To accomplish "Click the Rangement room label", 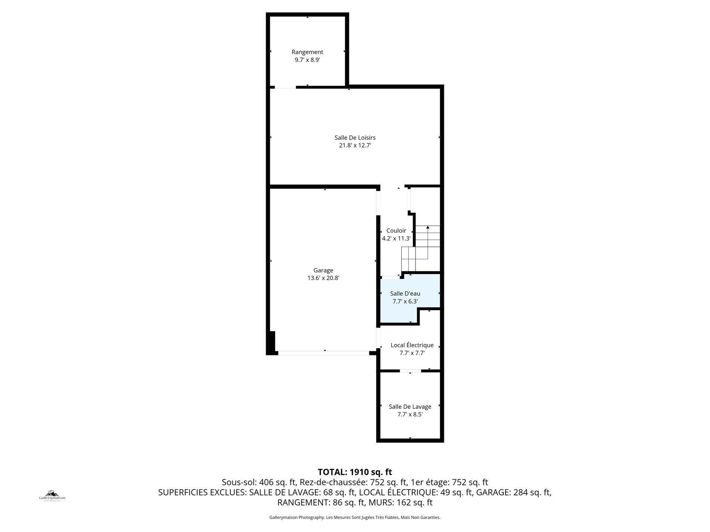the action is coord(307,52).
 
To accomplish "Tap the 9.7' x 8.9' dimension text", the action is coord(307,60).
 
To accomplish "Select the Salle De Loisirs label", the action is coord(355,138).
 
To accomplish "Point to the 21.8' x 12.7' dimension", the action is coord(355,146).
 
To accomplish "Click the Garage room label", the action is coord(323,270).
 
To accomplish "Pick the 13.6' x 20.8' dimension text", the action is coord(323,278).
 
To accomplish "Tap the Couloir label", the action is coord(396,231).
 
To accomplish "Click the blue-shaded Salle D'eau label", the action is coord(405,294).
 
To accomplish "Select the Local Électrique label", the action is coord(412,345).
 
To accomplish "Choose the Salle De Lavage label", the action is coord(410,407).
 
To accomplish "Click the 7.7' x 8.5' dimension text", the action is coord(410,414).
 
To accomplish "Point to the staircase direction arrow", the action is coord(427,242).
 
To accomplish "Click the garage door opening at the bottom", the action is coord(324,353).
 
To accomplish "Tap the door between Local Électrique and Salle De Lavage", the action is coord(410,371).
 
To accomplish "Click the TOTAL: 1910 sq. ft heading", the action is coord(355,472).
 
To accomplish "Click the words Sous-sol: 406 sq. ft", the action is coord(259,482).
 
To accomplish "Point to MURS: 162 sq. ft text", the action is coord(401,503).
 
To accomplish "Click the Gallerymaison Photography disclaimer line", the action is coord(355,517).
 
